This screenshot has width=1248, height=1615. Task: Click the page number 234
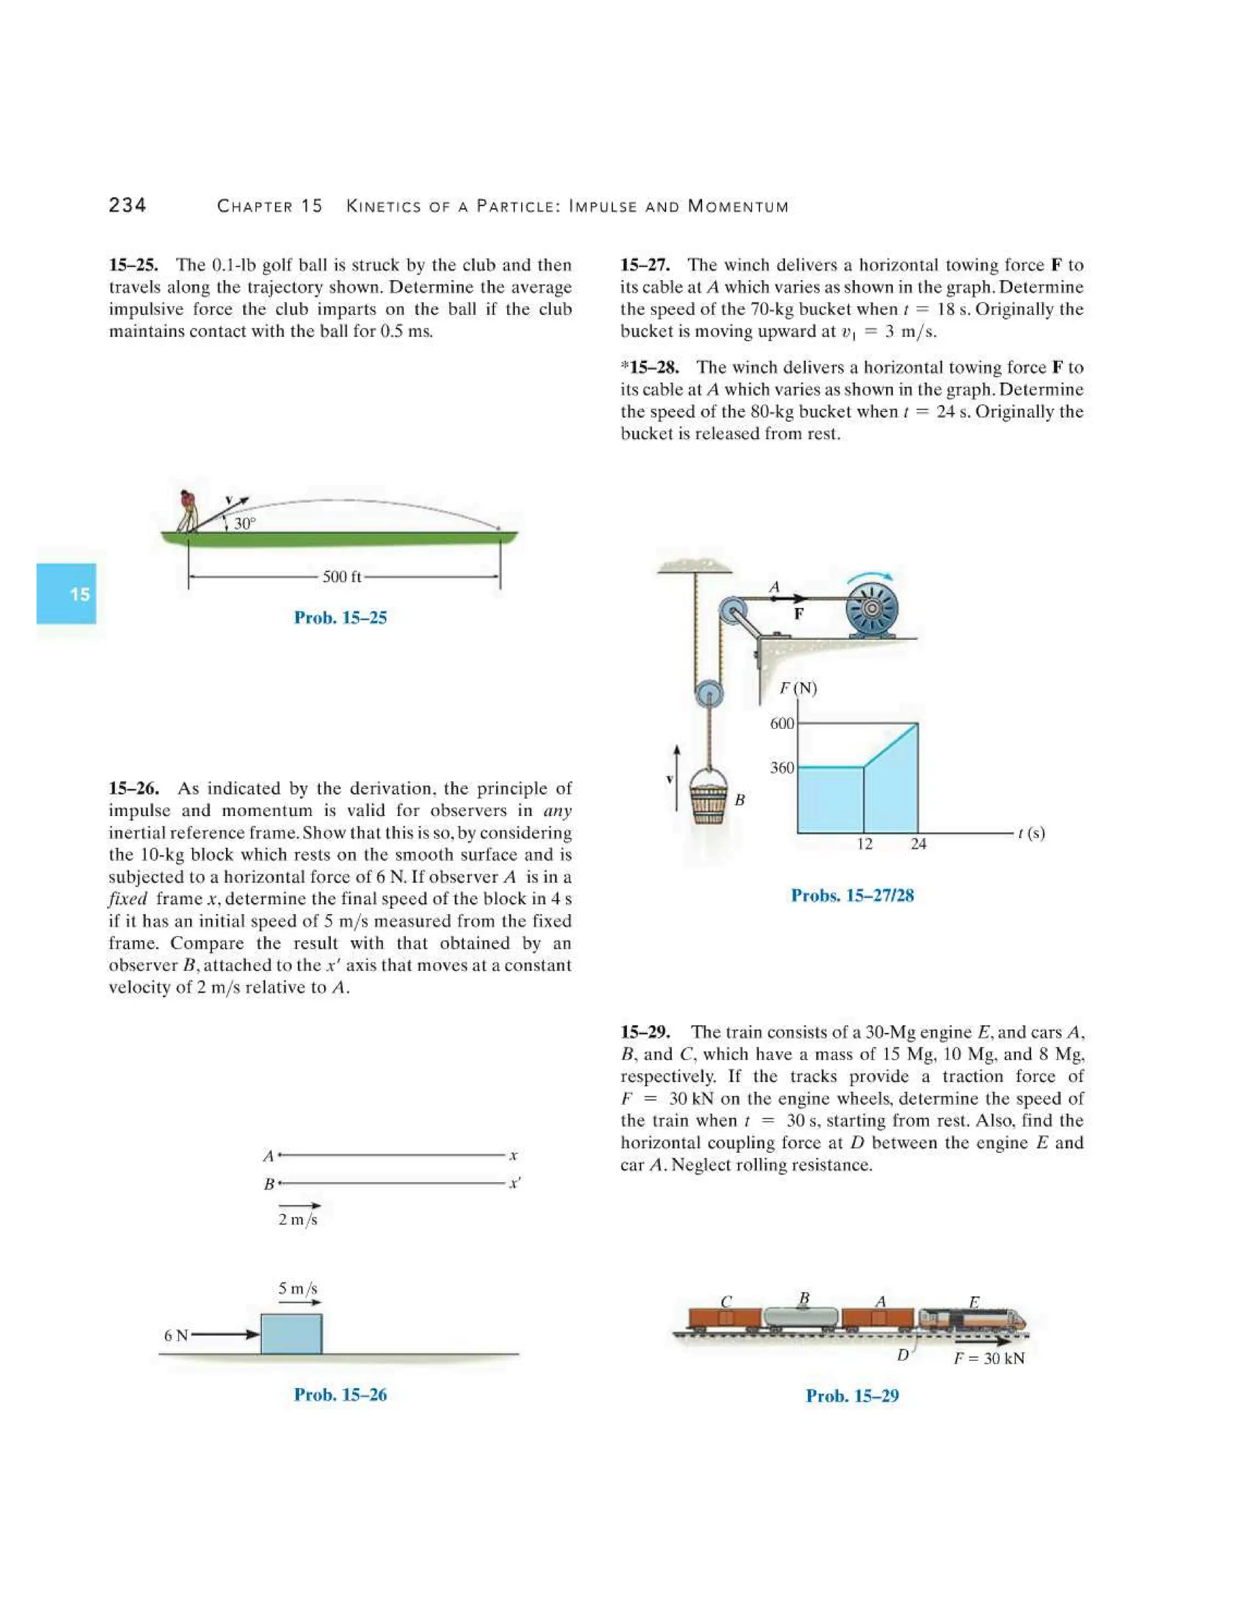pyautogui.click(x=127, y=205)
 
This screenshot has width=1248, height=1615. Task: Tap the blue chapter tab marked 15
pyautogui.click(x=66, y=594)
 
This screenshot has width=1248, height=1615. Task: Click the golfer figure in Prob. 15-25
pyautogui.click(x=188, y=511)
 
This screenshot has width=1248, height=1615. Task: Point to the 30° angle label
pyautogui.click(x=244, y=524)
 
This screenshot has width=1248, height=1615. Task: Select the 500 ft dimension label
pyautogui.click(x=342, y=577)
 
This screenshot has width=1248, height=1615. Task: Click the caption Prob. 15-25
pyautogui.click(x=340, y=617)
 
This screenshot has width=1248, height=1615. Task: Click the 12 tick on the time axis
pyautogui.click(x=864, y=843)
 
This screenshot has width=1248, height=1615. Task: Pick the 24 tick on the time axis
pyautogui.click(x=918, y=843)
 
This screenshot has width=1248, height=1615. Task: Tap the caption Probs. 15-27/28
pyautogui.click(x=852, y=895)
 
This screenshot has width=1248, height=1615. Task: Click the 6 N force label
pyautogui.click(x=176, y=1335)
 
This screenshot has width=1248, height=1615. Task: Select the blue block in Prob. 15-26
pyautogui.click(x=291, y=1333)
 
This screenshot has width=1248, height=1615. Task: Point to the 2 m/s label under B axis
pyautogui.click(x=297, y=1219)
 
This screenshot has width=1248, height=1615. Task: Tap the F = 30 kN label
pyautogui.click(x=988, y=1358)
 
